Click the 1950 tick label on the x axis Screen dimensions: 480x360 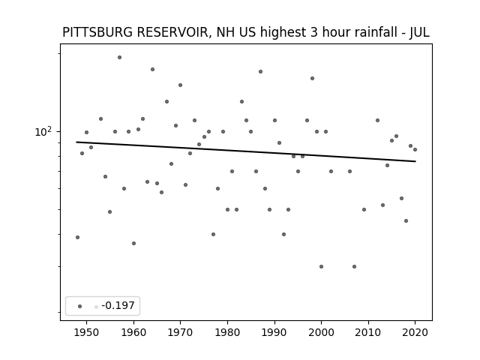click(x=87, y=332)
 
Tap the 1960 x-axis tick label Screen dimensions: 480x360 click(x=133, y=332)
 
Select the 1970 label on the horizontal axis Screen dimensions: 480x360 click(x=180, y=332)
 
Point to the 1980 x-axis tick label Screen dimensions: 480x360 click(x=227, y=332)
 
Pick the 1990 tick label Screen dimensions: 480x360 click(x=274, y=332)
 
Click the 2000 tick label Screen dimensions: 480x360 click(x=321, y=332)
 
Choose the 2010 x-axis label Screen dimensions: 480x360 click(x=368, y=332)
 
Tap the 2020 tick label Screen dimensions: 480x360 click(x=415, y=332)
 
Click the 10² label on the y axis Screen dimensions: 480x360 click(x=43, y=132)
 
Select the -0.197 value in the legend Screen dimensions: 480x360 click(x=118, y=305)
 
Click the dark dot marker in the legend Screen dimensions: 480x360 click(x=80, y=306)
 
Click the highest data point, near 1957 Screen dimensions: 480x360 click(x=120, y=57)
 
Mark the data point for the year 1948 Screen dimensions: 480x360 click(x=77, y=237)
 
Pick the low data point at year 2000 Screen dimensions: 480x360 click(x=321, y=267)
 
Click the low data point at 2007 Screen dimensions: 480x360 click(x=354, y=267)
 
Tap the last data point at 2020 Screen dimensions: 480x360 click(x=415, y=150)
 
